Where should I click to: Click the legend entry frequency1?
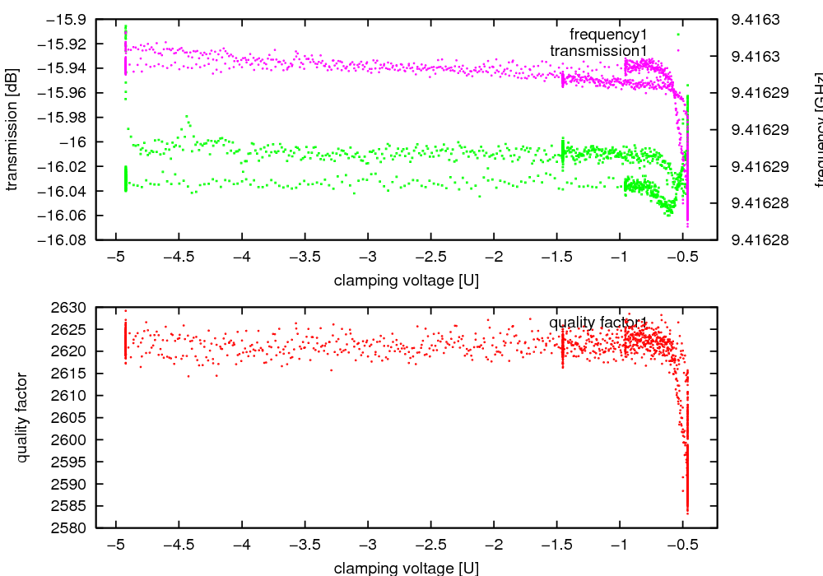608,35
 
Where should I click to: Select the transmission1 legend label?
598,51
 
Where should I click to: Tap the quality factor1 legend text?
598,323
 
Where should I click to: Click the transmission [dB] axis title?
12,129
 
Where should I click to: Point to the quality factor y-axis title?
22,417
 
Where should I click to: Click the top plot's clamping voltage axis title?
407,281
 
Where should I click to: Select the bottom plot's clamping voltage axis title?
407,568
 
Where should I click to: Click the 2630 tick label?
72,308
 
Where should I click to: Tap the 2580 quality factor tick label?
72,527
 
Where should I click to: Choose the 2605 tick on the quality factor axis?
72,418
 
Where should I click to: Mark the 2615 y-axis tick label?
72,374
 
